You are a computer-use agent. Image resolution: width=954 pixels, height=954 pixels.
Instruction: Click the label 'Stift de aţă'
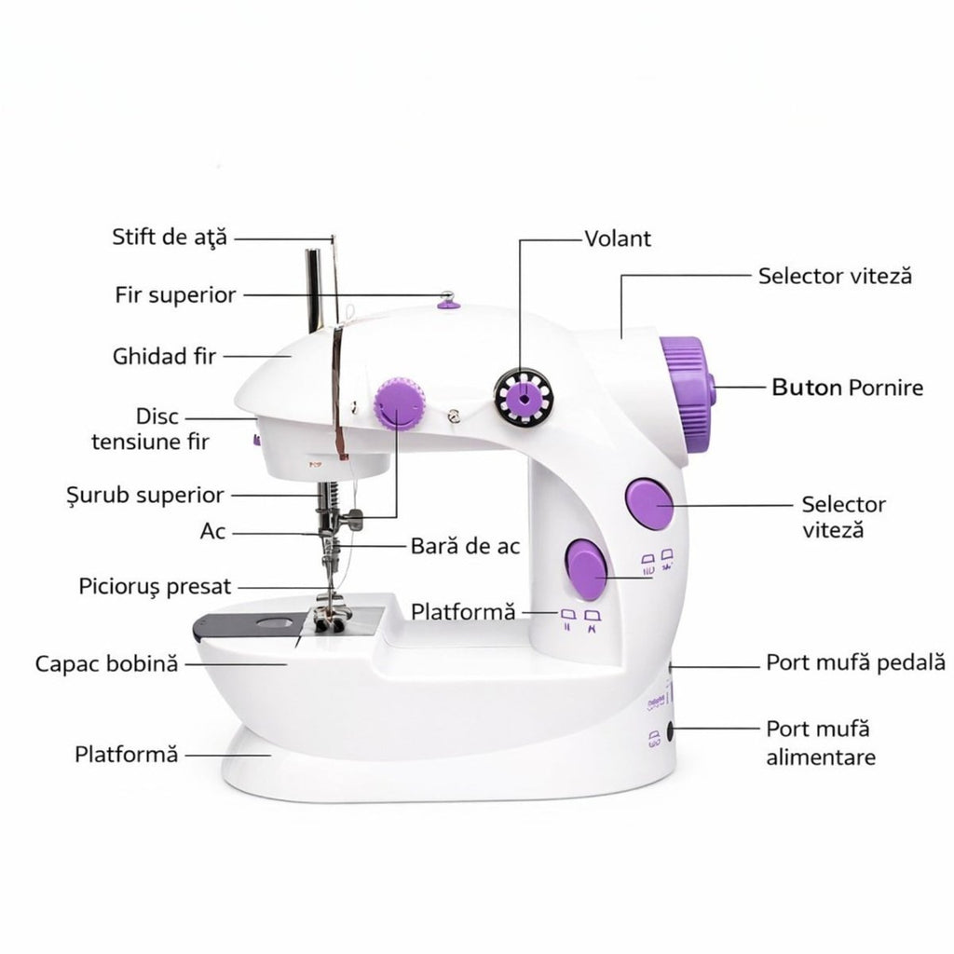click(x=170, y=237)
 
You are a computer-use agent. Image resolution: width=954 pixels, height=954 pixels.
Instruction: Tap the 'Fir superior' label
click(x=176, y=295)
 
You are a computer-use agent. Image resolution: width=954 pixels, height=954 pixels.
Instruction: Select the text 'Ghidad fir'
click(x=164, y=356)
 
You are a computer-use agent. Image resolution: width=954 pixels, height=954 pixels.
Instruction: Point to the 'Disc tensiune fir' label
click(x=150, y=429)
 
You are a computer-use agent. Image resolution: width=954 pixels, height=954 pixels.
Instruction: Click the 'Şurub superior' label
click(x=145, y=496)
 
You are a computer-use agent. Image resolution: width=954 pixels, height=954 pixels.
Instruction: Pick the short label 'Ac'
click(x=213, y=531)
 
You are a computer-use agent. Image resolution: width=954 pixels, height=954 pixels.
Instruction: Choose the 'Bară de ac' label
click(x=466, y=546)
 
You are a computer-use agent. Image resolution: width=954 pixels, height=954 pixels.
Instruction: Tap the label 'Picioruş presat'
click(x=156, y=587)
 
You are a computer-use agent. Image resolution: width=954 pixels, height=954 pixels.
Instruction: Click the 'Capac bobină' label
click(x=106, y=663)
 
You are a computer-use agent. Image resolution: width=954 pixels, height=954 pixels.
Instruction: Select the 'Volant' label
click(x=618, y=238)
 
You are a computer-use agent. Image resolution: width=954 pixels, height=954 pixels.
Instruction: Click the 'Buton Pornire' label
click(x=848, y=387)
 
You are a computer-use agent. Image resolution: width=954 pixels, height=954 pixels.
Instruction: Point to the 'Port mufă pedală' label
click(x=855, y=662)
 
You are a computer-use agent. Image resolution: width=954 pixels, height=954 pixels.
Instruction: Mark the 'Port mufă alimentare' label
click(x=821, y=743)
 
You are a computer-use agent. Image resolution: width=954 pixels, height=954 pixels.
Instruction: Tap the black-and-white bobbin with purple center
click(x=524, y=399)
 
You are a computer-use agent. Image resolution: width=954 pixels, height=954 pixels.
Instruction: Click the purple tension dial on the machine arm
click(x=399, y=404)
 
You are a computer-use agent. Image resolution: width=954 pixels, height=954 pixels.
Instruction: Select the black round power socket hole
click(x=670, y=731)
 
